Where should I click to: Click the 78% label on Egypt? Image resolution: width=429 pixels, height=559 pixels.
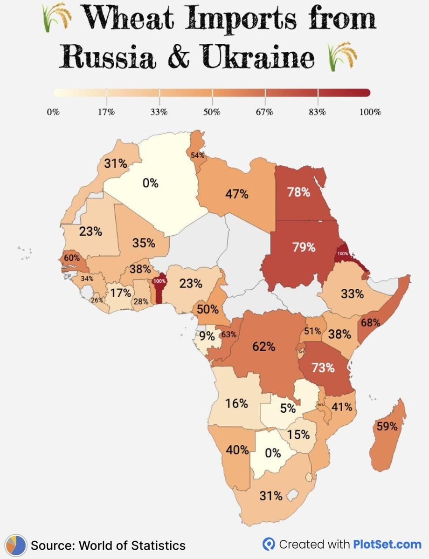[299, 192]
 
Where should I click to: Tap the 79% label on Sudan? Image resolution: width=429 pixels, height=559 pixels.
[304, 247]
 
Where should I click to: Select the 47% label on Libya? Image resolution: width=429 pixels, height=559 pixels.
[237, 194]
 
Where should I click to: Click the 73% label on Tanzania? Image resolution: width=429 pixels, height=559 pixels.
[324, 368]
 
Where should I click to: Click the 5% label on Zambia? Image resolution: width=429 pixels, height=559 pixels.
[288, 409]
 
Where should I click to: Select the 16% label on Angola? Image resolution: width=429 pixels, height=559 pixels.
[236, 403]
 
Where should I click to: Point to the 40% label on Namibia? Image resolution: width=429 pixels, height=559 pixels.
[237, 450]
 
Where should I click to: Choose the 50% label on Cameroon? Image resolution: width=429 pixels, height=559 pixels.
[208, 309]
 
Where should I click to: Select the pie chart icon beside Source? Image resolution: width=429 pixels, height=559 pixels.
[16, 545]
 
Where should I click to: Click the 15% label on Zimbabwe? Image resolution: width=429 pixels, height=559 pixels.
[298, 435]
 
